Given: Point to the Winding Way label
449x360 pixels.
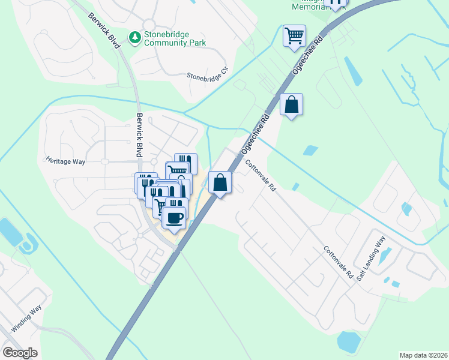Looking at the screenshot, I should click(27, 318).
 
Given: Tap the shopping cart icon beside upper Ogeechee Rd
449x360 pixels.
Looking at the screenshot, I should click(294, 36).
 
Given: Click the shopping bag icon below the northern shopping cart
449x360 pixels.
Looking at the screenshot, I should click(291, 104).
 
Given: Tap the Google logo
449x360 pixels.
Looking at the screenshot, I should click(20, 353).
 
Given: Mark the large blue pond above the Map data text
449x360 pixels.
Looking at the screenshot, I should click(349, 341).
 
